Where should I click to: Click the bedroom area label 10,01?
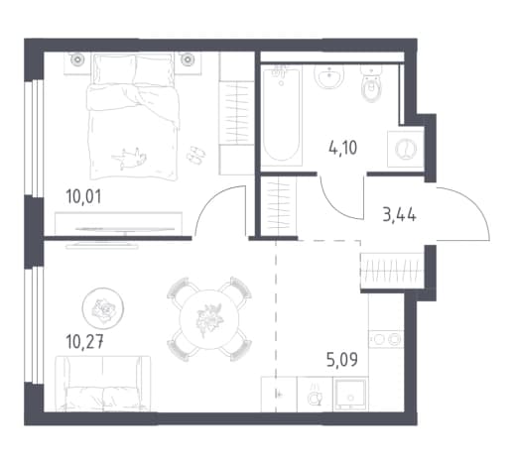tap(83, 196)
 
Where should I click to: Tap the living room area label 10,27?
tap(85, 342)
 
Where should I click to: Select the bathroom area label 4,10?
tap(343, 148)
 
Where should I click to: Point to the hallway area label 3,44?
tap(399, 215)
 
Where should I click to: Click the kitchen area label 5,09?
tap(342, 360)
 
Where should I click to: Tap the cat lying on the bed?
tap(129, 159)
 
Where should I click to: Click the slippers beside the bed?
tap(195, 154)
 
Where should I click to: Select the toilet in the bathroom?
tap(371, 82)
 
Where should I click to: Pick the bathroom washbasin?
tap(328, 76)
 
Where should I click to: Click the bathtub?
tap(282, 115)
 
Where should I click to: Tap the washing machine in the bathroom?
tap(406, 149)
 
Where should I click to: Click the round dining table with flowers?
tap(209, 319)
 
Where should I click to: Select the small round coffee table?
tap(103, 308)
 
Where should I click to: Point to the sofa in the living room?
tap(103, 384)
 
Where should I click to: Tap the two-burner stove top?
tap(386, 339)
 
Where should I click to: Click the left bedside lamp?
tap(78, 59)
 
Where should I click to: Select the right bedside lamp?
tap(188, 59)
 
